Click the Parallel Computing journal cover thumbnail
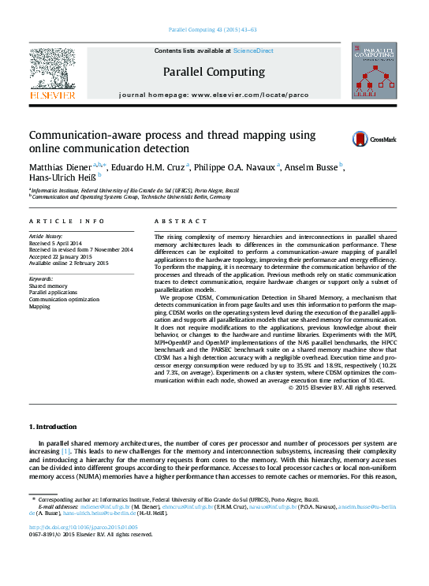374,71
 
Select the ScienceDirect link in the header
253,50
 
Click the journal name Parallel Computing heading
214,71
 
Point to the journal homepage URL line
214,94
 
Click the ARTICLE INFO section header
66,222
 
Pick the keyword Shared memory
48,286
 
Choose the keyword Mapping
39,307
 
